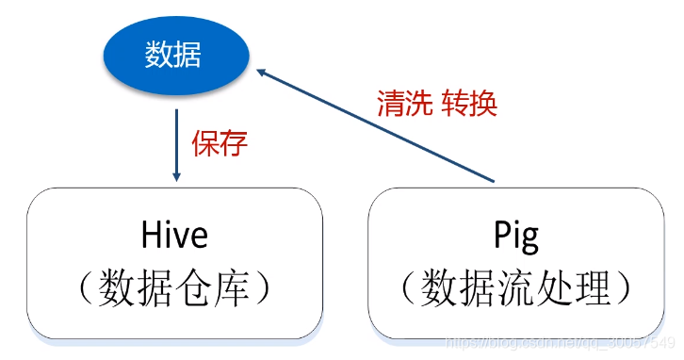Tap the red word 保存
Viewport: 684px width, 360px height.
(220, 143)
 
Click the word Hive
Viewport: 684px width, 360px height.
(174, 233)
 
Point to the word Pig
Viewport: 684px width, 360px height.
(516, 235)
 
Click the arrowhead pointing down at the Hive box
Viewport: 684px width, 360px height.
(176, 176)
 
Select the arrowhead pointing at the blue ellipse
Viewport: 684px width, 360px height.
(265, 74)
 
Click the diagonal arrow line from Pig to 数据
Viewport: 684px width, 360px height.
(377, 126)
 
